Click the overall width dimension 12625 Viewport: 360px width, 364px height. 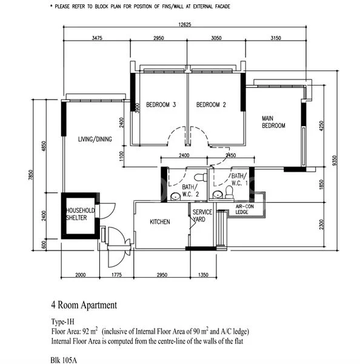[185, 25]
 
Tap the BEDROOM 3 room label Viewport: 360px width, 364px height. [156, 105]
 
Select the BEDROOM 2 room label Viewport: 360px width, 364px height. [211, 105]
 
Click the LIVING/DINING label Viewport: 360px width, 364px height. [95, 139]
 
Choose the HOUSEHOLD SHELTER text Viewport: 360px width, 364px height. [81, 214]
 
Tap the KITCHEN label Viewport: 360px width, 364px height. [160, 222]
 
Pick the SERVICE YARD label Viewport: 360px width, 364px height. [202, 216]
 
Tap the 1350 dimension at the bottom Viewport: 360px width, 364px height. [204, 274]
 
